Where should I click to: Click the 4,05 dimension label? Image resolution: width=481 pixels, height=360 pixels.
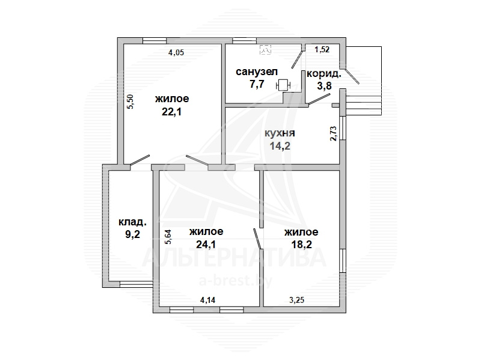[x=176, y=52]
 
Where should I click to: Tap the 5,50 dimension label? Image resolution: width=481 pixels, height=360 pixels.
[x=130, y=102]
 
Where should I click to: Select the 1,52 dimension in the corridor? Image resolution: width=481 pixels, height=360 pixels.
[x=322, y=49]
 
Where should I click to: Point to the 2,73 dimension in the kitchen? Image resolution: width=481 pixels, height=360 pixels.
[x=333, y=133]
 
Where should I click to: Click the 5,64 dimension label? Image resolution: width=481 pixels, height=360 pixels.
[x=168, y=237]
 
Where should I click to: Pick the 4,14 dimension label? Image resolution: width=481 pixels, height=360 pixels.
[x=207, y=299]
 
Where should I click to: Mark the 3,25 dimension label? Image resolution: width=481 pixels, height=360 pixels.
[x=297, y=299]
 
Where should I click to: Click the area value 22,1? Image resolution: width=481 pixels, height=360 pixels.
[x=171, y=112]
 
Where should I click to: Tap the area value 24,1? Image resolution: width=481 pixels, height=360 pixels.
[x=206, y=244]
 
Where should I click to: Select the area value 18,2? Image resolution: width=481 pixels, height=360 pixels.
[x=302, y=244]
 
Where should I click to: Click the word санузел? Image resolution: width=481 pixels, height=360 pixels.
[x=257, y=72]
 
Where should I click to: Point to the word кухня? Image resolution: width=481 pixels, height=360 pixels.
[x=280, y=133]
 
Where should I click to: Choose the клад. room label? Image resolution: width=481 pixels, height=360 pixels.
[x=132, y=222]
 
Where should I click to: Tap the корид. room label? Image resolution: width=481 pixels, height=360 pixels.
[x=324, y=74]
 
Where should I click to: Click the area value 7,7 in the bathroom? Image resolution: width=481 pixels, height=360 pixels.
[x=257, y=84]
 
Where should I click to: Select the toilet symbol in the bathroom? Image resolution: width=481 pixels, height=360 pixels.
[x=283, y=85]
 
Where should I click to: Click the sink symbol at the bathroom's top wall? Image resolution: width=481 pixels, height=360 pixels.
[x=265, y=49]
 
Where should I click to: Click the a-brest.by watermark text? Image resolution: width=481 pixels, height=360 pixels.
[x=235, y=281]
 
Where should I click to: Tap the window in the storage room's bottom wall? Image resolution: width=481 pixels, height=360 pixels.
[x=136, y=284]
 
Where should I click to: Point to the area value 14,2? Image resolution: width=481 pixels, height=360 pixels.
[x=280, y=145]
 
